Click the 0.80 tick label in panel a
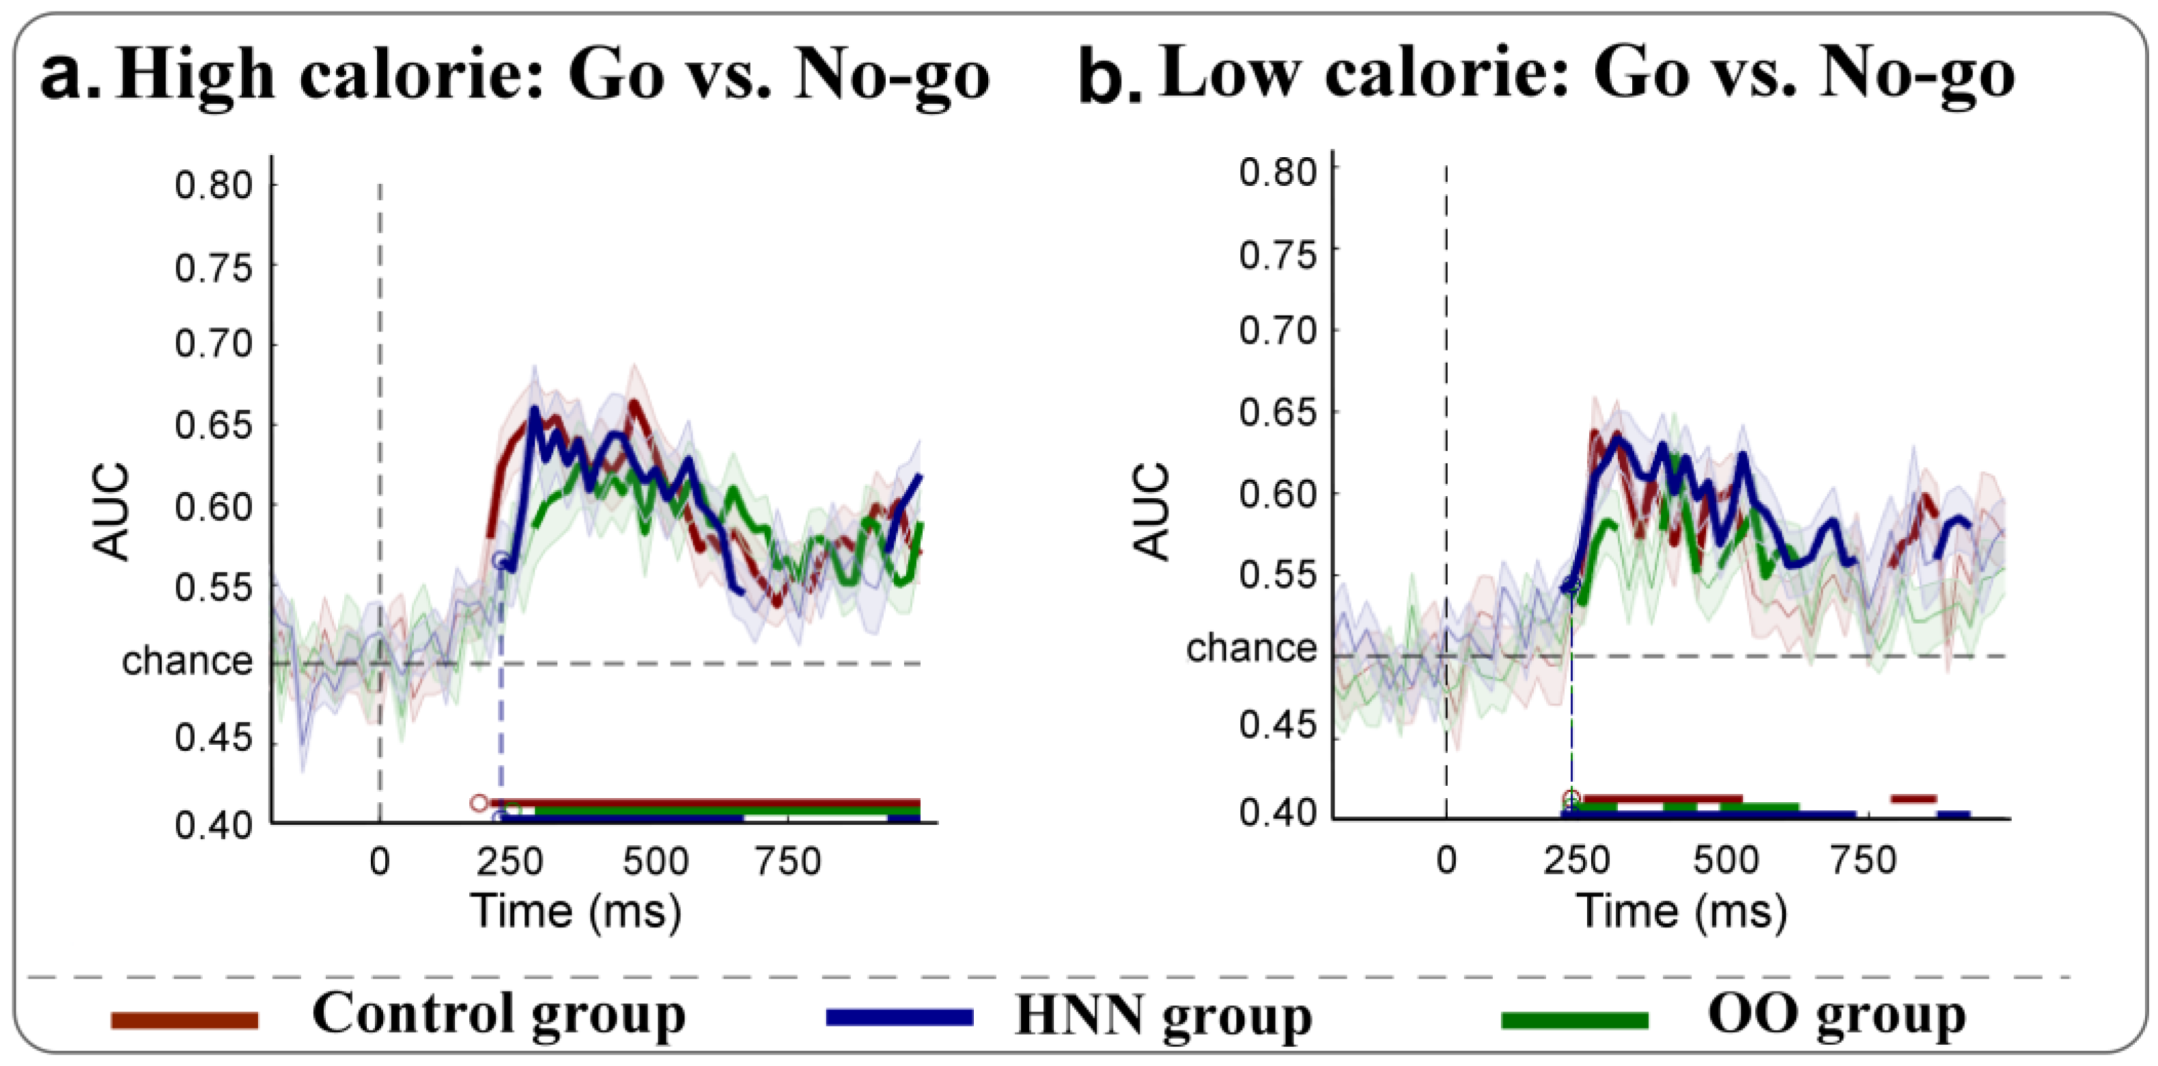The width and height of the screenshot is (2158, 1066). coord(213,184)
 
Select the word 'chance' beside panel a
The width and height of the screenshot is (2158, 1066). coord(187,661)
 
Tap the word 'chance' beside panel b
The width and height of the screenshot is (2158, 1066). coord(1250,648)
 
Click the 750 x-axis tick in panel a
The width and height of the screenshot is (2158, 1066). coord(787,862)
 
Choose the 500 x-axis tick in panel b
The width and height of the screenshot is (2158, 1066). coord(1725,861)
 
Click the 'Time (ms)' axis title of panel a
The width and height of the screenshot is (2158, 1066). coord(576,911)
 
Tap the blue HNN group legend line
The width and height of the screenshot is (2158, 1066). coord(899,1017)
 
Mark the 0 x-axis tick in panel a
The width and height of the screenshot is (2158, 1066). coord(380,862)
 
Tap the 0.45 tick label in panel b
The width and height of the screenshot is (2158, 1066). coord(1278,725)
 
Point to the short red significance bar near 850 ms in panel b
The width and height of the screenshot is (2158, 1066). coord(1914,799)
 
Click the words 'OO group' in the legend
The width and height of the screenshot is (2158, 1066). coord(1836,1015)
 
